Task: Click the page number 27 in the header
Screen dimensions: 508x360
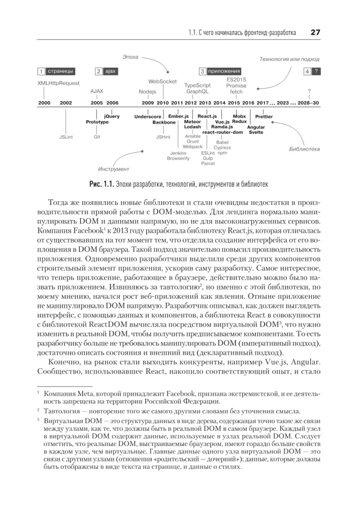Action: click(314, 33)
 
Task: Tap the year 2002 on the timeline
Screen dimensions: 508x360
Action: click(66, 103)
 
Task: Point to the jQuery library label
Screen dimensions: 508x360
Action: click(112, 116)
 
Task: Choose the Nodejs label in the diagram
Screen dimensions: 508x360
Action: click(147, 92)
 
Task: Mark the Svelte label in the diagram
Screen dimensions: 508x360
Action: click(256, 132)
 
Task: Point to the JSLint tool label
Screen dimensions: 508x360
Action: click(66, 137)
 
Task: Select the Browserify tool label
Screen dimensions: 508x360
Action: click(178, 158)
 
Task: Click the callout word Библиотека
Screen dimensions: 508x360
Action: click(304, 149)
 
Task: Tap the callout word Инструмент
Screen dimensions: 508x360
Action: click(114, 169)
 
